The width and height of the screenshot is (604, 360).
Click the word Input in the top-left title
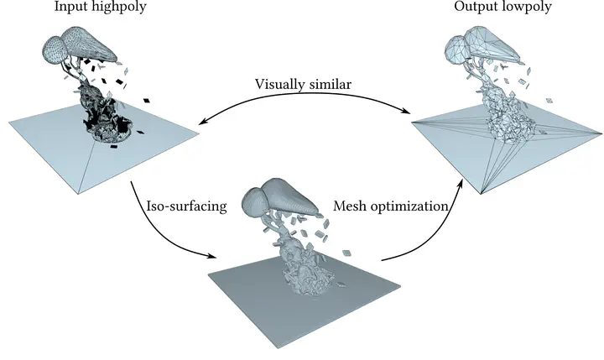coord(70,8)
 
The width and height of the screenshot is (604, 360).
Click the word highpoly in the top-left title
coord(117,8)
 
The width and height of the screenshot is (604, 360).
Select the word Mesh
coord(351,206)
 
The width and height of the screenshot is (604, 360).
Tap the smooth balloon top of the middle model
coord(281,198)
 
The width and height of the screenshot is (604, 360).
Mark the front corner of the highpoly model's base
coord(81,194)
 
